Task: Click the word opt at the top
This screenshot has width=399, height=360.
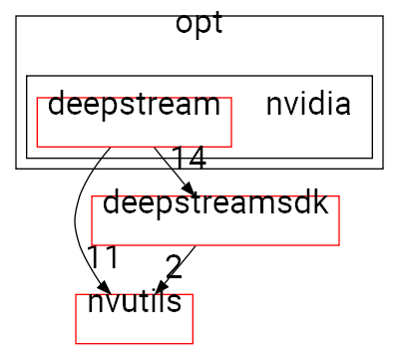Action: (199, 24)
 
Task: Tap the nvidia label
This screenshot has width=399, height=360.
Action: (307, 104)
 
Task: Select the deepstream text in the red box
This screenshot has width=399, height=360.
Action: (134, 104)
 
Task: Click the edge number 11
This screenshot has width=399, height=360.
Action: (103, 256)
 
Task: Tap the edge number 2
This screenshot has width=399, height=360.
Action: (174, 266)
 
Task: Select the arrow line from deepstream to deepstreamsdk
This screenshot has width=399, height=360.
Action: (170, 168)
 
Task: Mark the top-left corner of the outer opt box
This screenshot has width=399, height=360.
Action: (16, 16)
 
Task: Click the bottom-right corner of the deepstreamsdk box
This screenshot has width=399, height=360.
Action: (340, 244)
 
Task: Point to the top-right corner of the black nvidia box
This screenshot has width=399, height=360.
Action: (372, 75)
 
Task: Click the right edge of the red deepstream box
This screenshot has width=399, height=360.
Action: (231, 122)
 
